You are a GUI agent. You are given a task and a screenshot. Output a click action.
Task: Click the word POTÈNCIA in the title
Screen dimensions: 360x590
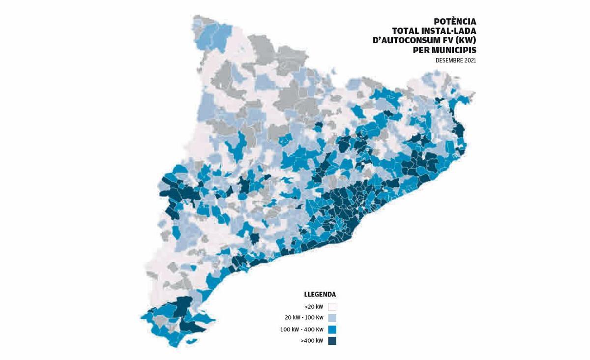point(455,22)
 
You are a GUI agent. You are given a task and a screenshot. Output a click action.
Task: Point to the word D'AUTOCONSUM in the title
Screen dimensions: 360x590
point(402,41)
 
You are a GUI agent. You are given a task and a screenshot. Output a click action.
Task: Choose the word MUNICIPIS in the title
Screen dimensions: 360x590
point(454,50)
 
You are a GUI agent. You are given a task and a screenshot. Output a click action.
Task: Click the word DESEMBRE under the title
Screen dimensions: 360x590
point(449,60)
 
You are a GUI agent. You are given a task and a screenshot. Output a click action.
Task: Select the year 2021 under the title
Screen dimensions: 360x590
point(470,60)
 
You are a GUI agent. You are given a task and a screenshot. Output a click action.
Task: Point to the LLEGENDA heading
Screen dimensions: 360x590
point(320,295)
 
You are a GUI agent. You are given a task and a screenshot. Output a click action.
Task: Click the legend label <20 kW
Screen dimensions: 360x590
point(314,307)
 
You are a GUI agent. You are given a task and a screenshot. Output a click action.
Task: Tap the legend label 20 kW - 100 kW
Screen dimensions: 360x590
point(304,318)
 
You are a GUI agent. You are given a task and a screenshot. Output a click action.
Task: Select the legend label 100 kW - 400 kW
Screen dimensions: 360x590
point(302,330)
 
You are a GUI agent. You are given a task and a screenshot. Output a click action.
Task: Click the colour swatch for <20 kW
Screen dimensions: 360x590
point(332,307)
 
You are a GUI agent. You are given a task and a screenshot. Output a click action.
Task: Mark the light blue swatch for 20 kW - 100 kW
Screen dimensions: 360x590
point(332,318)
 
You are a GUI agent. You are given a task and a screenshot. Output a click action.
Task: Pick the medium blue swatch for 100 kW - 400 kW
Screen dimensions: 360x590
point(332,330)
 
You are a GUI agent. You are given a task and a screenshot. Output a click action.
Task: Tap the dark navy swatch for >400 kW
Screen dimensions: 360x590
point(332,341)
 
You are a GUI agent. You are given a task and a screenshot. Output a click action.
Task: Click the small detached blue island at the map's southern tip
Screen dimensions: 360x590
point(191,341)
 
